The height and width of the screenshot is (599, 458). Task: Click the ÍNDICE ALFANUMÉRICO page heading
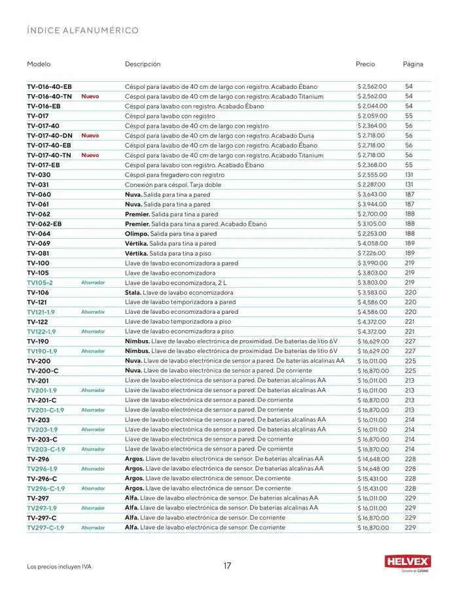tap(82, 31)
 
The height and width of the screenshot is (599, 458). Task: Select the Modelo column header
tap(39, 64)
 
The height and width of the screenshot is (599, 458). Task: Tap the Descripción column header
tap(143, 64)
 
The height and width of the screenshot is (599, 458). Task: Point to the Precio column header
tap(365, 64)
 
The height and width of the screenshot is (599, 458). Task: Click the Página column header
tap(413, 64)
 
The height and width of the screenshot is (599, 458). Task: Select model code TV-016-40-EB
tap(49, 86)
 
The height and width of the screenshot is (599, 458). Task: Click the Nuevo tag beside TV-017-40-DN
tap(90, 135)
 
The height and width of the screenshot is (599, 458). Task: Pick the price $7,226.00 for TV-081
tap(372, 253)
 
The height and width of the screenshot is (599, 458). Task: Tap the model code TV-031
tap(38, 184)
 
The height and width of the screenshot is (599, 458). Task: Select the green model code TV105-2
tap(40, 282)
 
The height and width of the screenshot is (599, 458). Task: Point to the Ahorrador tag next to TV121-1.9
tap(93, 312)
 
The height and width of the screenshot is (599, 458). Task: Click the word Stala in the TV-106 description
tap(133, 292)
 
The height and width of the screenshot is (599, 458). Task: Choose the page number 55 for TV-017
tap(409, 116)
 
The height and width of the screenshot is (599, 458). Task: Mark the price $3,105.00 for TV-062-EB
tap(372, 224)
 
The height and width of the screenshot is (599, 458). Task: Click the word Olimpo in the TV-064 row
tap(136, 233)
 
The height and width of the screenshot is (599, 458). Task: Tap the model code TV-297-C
tap(42, 518)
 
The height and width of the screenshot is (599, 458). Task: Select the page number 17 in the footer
tap(227, 566)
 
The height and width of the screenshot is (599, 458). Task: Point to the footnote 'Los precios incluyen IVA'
tap(59, 566)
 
